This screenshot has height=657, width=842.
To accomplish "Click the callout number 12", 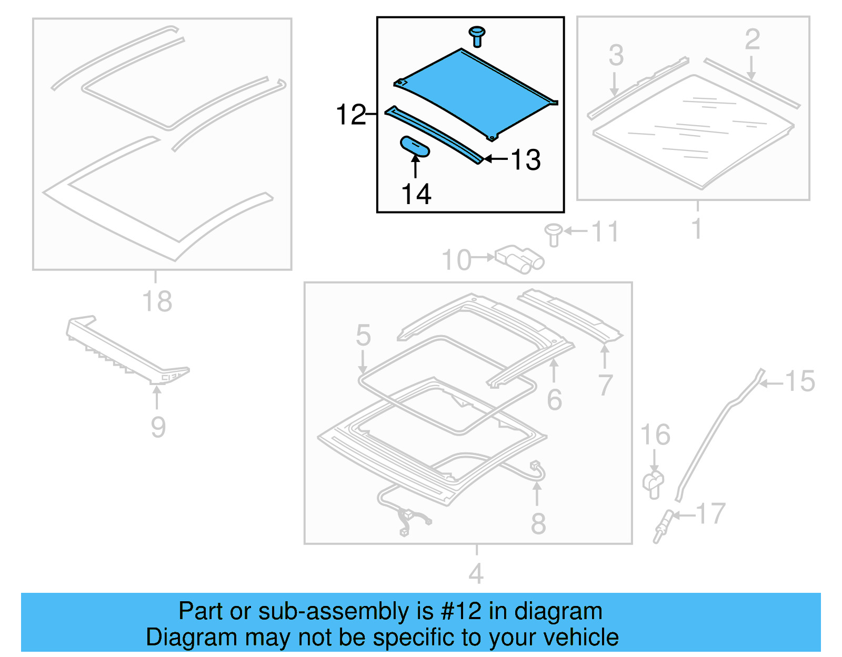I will (350, 115).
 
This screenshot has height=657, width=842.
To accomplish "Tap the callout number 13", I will (526, 160).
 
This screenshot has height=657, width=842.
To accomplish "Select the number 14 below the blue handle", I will (416, 194).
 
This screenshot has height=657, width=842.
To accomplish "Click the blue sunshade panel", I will (474, 92).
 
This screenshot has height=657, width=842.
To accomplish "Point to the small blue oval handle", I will (415, 146).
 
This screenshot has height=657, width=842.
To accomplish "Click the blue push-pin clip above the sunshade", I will (477, 36).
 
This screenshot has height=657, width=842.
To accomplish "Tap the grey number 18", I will (157, 301).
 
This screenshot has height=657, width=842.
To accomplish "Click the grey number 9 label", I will (158, 427).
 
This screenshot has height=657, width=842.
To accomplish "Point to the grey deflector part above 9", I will (126, 352).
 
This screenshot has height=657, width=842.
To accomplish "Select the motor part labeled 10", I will (518, 259).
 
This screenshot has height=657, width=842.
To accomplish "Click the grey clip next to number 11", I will (553, 235).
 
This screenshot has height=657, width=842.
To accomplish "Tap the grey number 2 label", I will (752, 39).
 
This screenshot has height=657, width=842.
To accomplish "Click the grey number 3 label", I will (616, 55).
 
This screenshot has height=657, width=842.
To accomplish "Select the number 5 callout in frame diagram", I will (363, 335).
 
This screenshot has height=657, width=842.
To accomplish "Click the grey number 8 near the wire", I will (538, 523).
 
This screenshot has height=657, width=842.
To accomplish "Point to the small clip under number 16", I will (653, 484).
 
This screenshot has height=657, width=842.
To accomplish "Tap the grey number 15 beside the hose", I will (799, 381).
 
